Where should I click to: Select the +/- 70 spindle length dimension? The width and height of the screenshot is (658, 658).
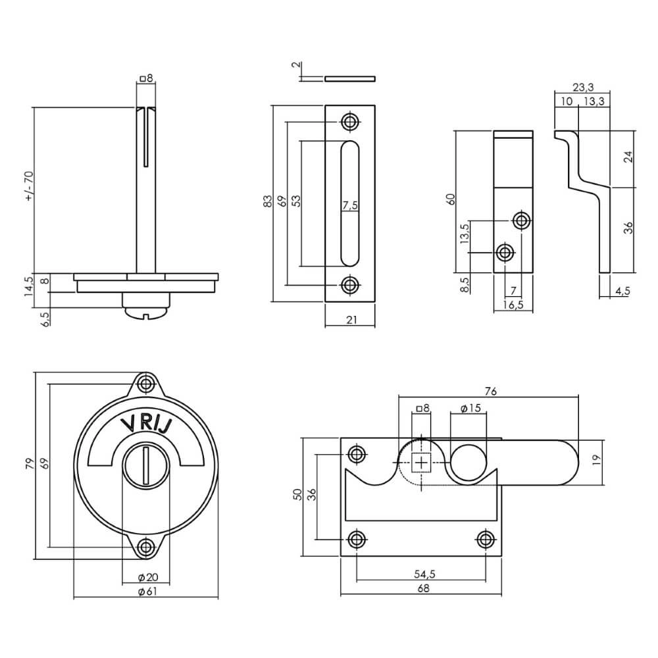click(28, 187)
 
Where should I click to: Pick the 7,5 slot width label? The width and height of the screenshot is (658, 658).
click(350, 205)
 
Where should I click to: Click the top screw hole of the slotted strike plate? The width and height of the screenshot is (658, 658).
click(349, 121)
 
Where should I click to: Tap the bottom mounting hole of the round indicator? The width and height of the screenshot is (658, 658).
click(145, 545)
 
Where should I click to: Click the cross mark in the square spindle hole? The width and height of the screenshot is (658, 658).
click(421, 463)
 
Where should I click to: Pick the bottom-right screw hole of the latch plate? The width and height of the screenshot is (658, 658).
click(486, 540)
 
